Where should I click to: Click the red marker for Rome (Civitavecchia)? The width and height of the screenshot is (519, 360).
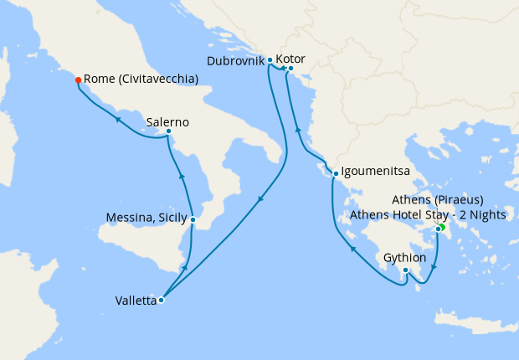[x=78, y=80]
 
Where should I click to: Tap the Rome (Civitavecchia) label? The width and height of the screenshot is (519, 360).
[x=141, y=80]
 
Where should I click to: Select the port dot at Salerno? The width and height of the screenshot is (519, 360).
[x=168, y=131]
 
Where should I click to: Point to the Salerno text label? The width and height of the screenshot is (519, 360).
[x=167, y=122]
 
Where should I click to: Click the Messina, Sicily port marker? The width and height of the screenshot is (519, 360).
[x=193, y=219]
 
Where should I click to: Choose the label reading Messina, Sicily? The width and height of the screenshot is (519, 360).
[x=146, y=219]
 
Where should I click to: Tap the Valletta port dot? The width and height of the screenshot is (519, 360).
[x=161, y=300]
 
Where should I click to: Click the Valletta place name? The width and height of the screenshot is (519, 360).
[x=136, y=301]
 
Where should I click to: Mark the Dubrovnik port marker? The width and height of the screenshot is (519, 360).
[x=270, y=60]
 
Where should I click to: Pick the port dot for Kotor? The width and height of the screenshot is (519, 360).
[x=290, y=68]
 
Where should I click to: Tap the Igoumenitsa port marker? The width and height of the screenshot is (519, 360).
[x=335, y=174]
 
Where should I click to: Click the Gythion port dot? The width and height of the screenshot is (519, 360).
[x=404, y=270]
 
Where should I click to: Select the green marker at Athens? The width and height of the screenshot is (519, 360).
[x=441, y=227]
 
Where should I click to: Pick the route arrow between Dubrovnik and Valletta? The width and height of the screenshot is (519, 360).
[x=260, y=199]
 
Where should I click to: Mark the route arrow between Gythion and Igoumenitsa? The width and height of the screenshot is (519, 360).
[x=352, y=248]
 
